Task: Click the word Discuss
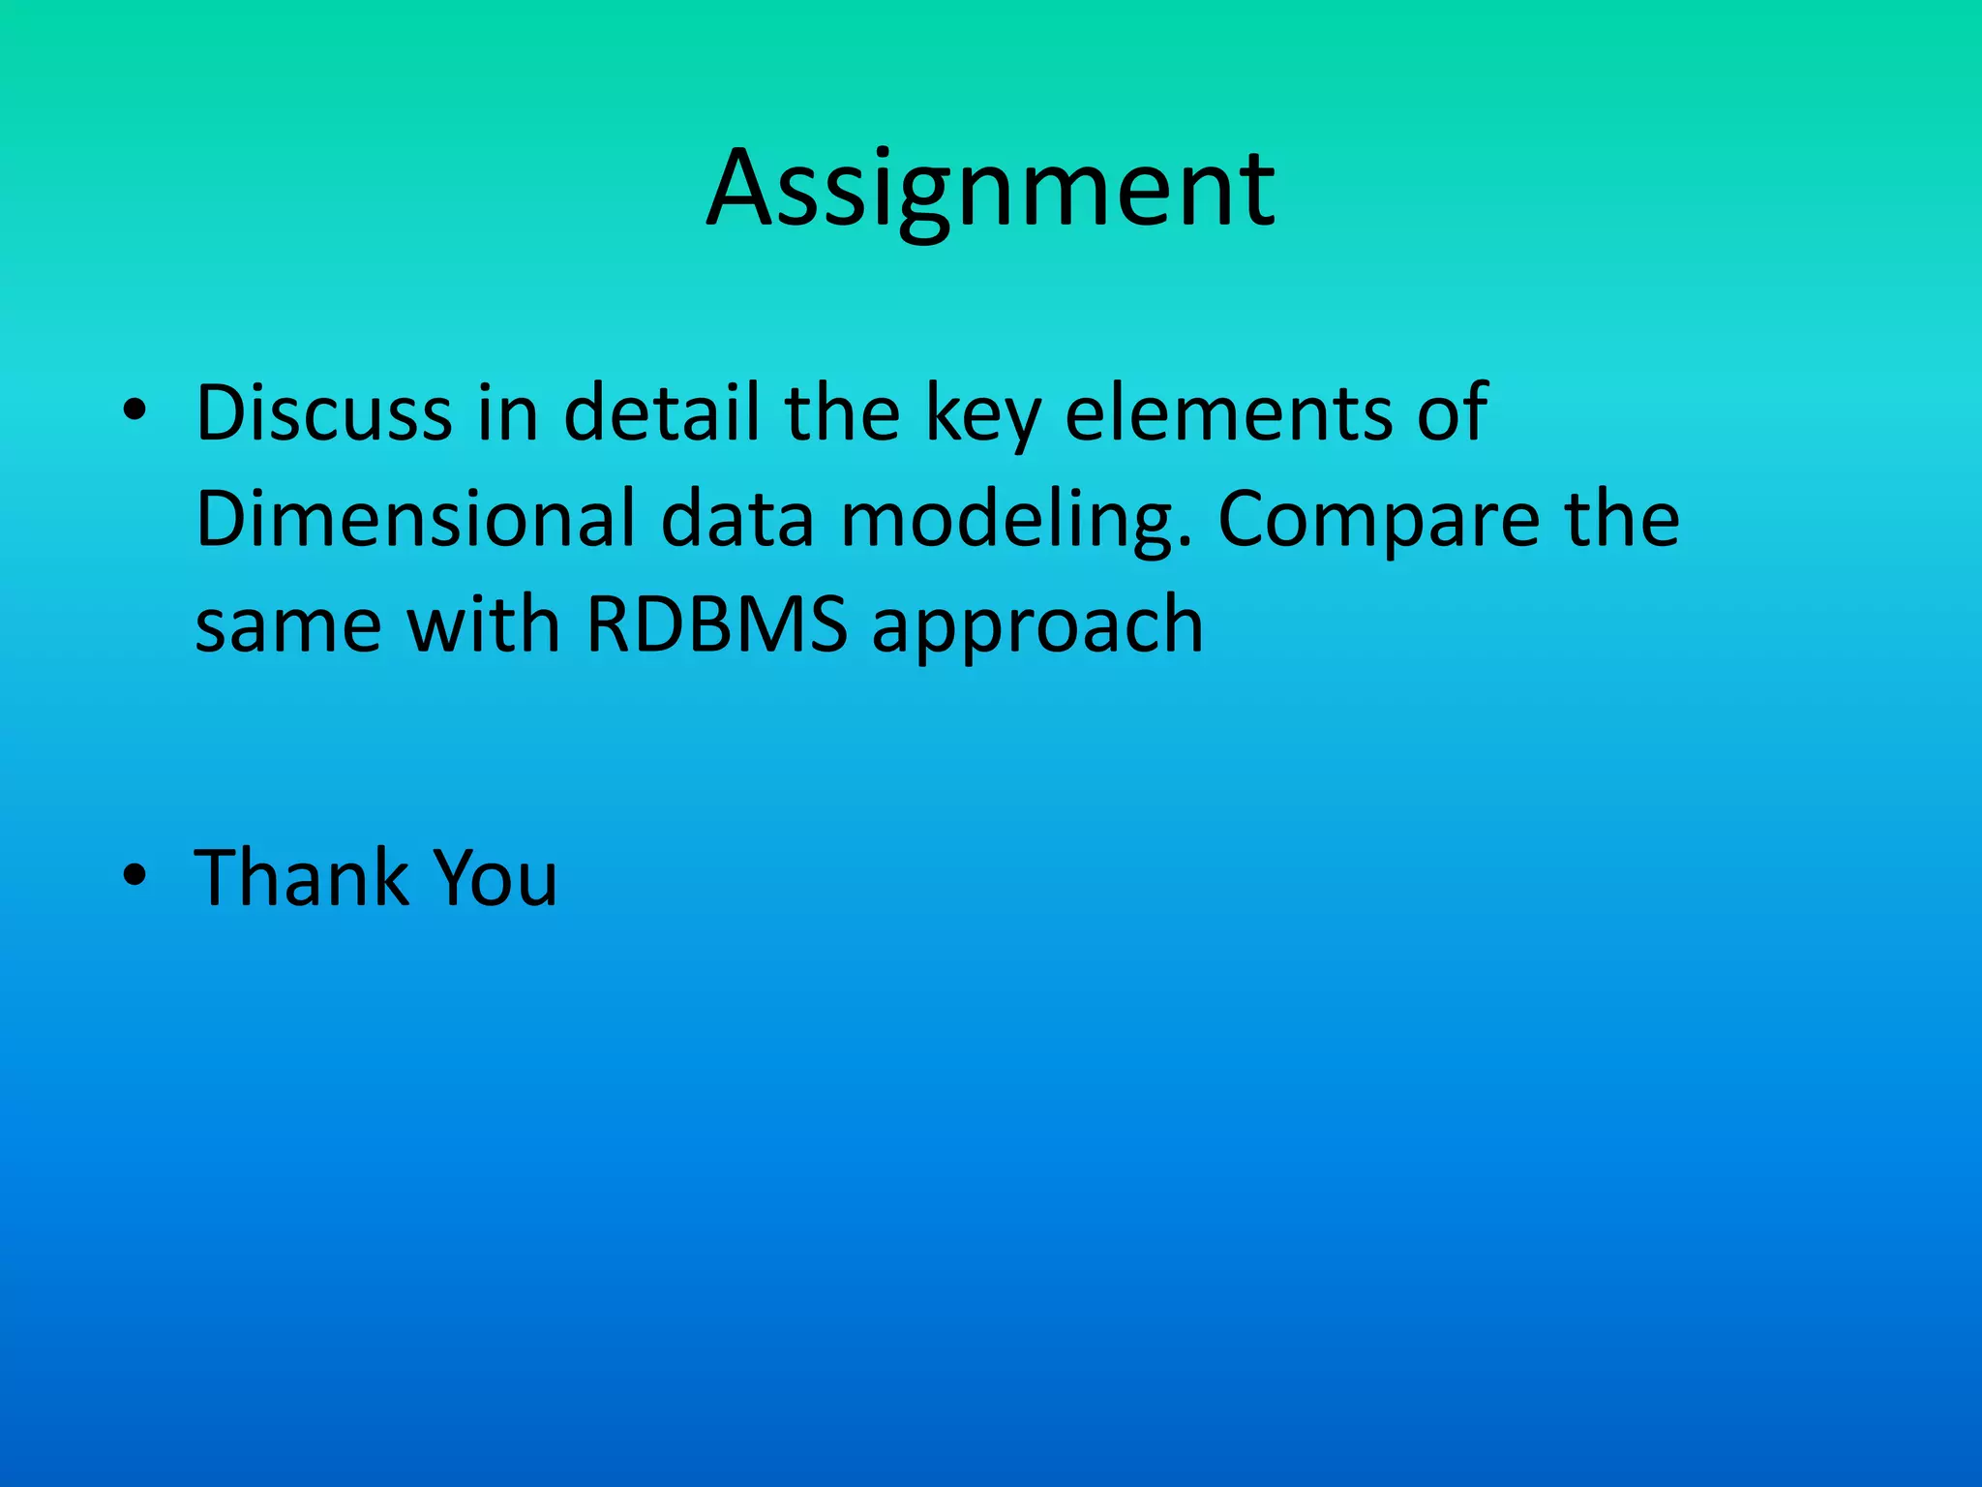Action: coord(323,413)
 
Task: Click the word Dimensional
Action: coord(414,520)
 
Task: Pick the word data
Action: coord(737,520)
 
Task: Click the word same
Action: coord(287,626)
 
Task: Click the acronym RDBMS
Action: coord(716,624)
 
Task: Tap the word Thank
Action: coord(301,878)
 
